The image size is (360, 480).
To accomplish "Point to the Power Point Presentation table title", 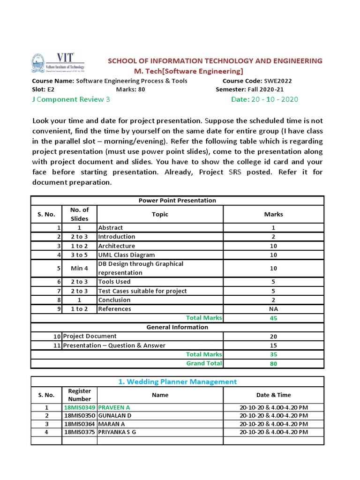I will click(x=177, y=201).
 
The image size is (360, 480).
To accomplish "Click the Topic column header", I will click(x=160, y=214).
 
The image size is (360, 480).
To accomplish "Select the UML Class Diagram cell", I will click(x=126, y=255).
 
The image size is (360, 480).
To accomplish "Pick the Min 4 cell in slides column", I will click(x=79, y=269).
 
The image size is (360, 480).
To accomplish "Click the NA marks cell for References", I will click(x=273, y=309).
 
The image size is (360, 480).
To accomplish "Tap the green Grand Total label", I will click(x=204, y=363).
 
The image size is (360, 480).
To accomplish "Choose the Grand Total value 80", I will click(x=273, y=363).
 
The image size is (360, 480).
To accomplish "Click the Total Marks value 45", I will click(x=273, y=318).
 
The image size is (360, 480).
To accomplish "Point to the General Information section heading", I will click(x=177, y=327).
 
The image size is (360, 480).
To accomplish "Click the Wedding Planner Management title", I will click(x=177, y=382).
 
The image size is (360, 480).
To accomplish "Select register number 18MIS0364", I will click(x=79, y=424).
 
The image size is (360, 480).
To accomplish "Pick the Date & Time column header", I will click(x=273, y=395).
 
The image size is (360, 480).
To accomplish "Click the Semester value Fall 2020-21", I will click(x=265, y=90).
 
